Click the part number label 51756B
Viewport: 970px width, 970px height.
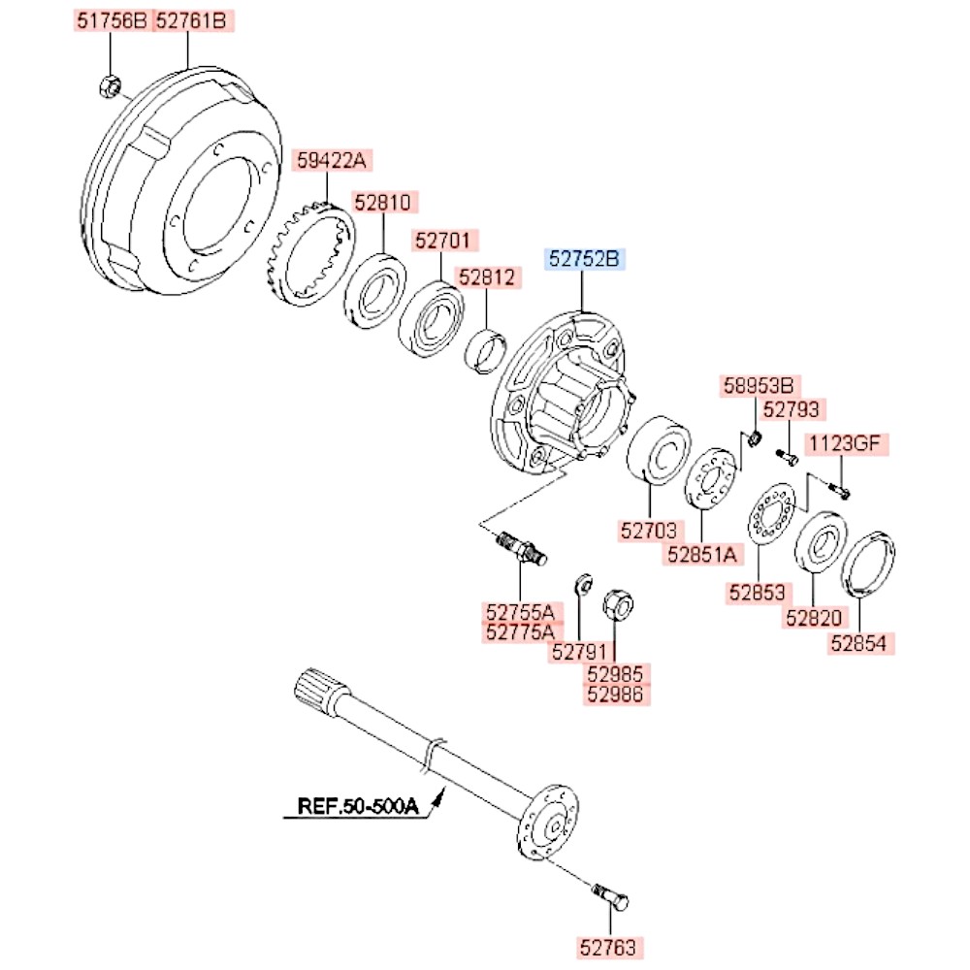pos(111,20)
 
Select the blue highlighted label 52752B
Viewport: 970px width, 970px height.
pos(585,260)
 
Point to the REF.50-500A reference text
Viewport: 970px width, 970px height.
pos(357,805)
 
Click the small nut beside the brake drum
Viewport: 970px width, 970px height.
pos(110,86)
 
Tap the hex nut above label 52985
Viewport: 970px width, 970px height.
pos(617,606)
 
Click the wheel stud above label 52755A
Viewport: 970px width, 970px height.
pos(520,547)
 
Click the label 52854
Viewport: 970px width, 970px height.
pos(861,642)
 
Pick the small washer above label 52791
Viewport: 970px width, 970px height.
pos(584,585)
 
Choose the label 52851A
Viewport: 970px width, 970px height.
pos(702,554)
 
